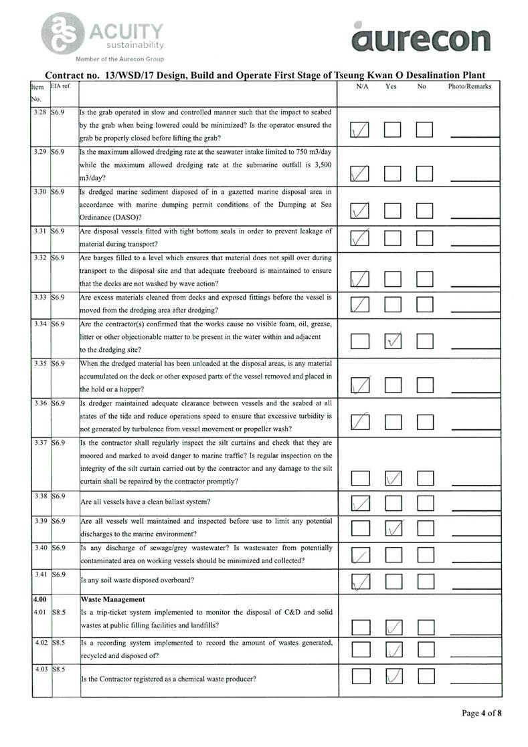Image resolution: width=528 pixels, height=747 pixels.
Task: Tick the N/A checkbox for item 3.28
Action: [360, 130]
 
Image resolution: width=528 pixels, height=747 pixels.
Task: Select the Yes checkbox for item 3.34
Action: [393, 341]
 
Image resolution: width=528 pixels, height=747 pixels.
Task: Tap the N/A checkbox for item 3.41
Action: [360, 582]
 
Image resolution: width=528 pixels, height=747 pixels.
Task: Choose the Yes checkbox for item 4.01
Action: [393, 627]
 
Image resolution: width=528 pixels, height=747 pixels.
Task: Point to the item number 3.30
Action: [39, 192]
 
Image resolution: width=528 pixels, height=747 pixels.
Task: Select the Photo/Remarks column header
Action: [470, 86]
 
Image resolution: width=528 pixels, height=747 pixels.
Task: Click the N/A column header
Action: [362, 86]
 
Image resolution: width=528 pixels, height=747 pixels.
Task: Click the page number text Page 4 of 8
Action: [481, 713]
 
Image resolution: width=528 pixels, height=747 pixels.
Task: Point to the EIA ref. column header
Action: [61, 86]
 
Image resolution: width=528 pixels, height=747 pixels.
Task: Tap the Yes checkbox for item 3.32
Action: [393, 279]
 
